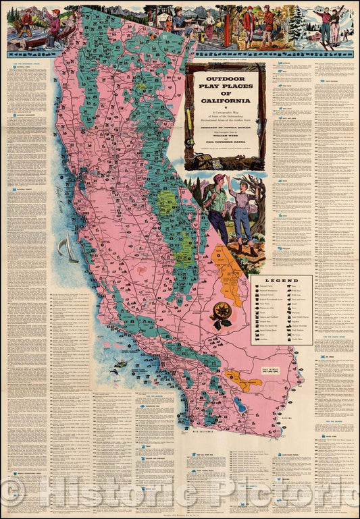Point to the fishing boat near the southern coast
click(x=120, y=363)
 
